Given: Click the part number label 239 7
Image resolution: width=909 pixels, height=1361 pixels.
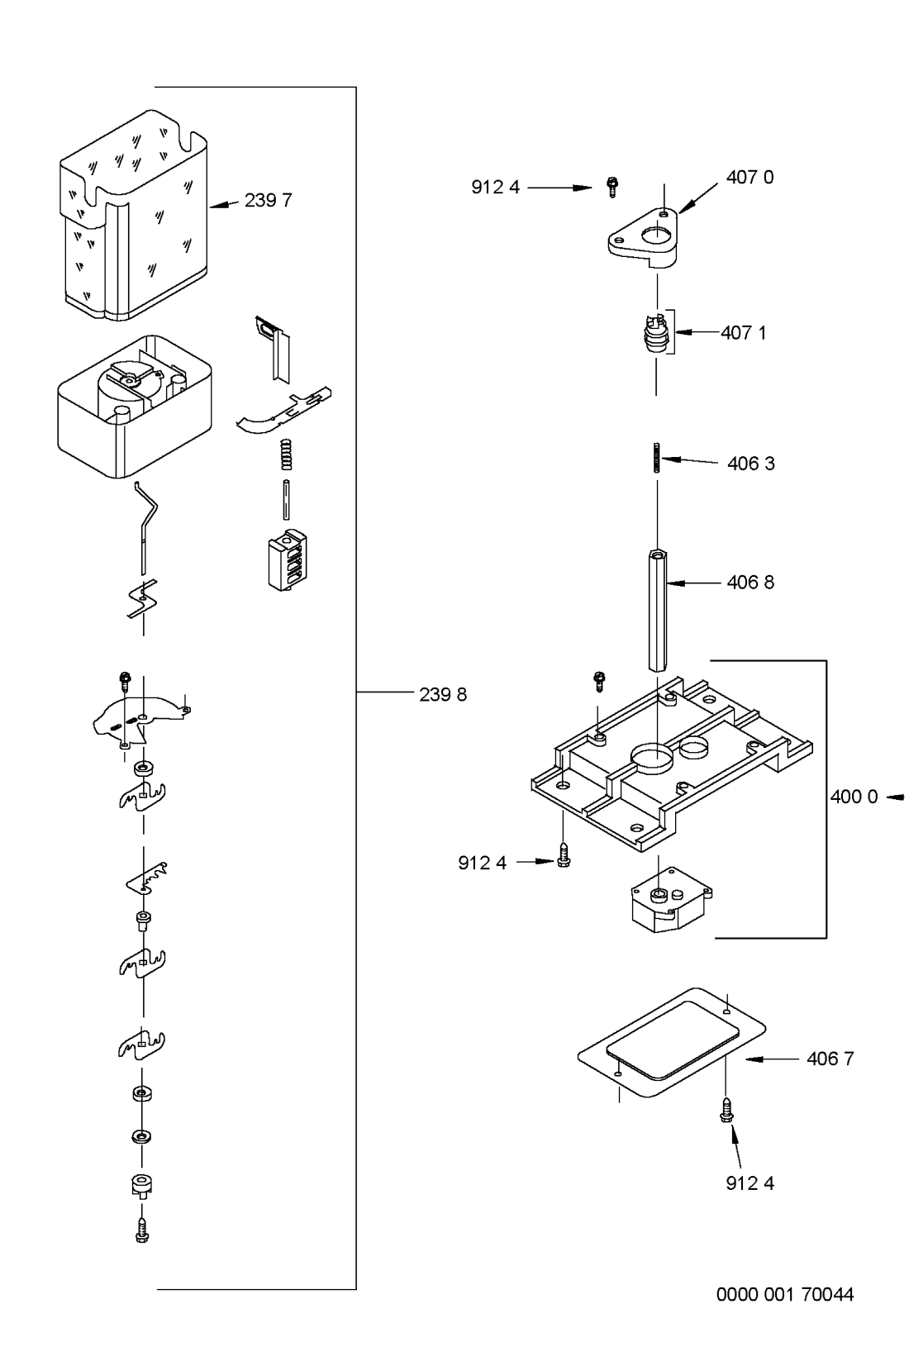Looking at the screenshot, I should (x=268, y=201).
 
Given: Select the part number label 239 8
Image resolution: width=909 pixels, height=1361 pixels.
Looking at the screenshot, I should (x=442, y=695).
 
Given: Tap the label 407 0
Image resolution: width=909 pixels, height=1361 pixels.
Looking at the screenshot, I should (x=750, y=177).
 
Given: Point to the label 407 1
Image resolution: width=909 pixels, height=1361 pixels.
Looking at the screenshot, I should (x=743, y=333).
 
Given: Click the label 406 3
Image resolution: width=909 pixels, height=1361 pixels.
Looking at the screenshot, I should (x=750, y=464).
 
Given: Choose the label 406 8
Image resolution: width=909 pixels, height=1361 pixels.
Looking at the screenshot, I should (x=750, y=583).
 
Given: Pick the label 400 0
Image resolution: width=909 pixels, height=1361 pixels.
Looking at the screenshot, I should (x=854, y=797).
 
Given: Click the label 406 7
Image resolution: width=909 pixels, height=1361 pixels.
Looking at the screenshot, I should (x=830, y=1059).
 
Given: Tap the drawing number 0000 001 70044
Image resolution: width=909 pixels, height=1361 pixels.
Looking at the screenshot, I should (x=784, y=1294).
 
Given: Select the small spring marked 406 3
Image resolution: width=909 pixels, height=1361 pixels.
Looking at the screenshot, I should (x=656, y=457).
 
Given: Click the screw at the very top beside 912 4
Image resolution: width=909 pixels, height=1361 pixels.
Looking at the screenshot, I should (x=612, y=187).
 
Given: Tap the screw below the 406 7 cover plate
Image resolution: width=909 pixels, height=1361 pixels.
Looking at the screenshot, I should (x=726, y=1108).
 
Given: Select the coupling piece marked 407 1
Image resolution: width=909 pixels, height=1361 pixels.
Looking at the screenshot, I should (x=656, y=332).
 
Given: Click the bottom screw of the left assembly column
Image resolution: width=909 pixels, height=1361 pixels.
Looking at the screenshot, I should (x=141, y=1230).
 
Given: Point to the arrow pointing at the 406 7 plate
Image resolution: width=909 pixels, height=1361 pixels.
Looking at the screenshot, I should (x=769, y=1059).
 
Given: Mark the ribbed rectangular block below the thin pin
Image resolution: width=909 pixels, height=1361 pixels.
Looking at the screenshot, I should (x=285, y=559).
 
